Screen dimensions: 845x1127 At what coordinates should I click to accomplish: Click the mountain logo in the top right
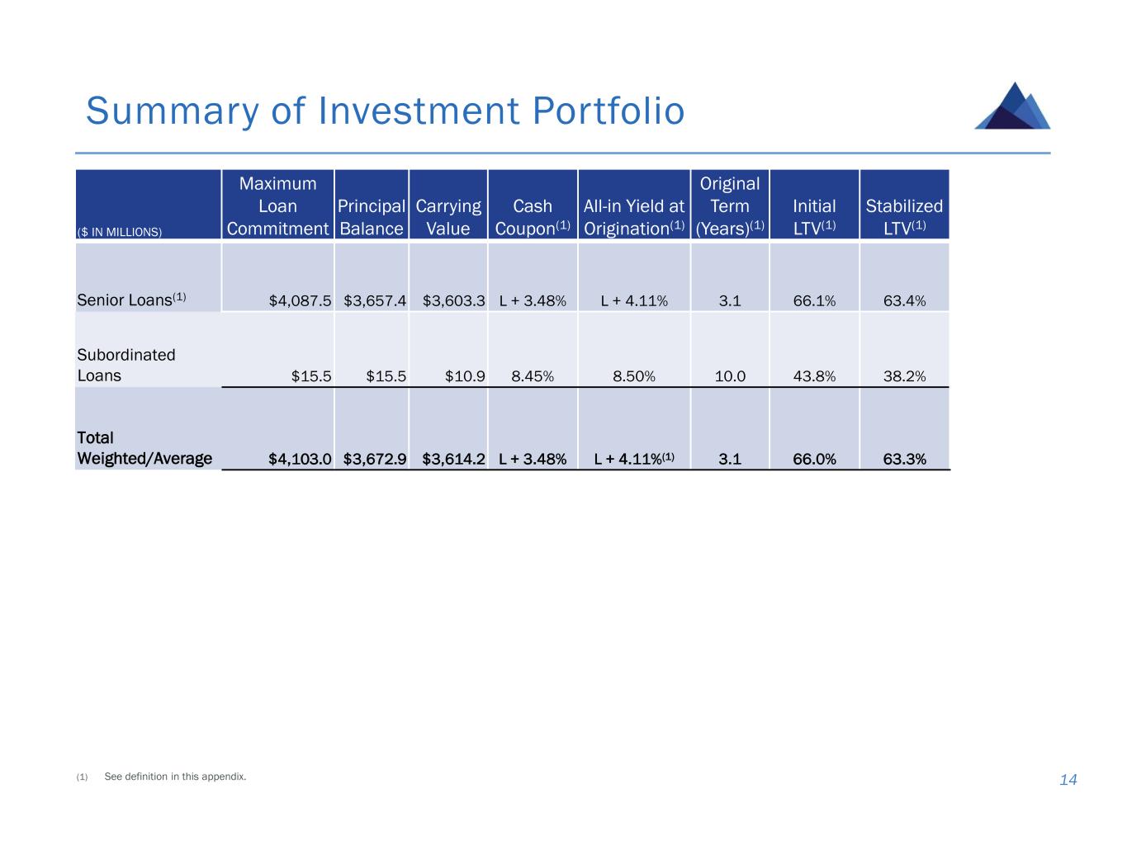tap(1013, 106)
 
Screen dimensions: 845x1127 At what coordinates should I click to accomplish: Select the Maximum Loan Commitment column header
tap(277, 206)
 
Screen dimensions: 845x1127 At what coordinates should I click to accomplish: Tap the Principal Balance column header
tap(372, 217)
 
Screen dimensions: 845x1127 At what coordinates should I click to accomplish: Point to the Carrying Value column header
tap(448, 217)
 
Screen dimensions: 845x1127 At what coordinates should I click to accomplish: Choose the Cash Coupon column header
tap(533, 217)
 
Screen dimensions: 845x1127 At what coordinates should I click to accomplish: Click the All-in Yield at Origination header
tap(634, 217)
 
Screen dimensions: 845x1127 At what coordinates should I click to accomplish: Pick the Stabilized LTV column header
tap(904, 217)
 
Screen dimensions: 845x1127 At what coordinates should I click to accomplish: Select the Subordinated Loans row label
tap(126, 366)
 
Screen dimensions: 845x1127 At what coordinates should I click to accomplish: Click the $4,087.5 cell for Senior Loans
tap(301, 301)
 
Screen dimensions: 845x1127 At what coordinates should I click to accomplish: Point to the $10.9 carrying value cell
tap(465, 376)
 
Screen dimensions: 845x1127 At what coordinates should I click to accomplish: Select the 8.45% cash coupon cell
tap(533, 376)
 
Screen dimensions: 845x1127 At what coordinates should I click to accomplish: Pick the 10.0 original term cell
tap(730, 376)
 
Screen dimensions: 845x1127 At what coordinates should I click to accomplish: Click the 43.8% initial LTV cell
tap(814, 376)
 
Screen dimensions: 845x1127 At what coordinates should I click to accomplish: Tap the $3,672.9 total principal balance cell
tap(375, 460)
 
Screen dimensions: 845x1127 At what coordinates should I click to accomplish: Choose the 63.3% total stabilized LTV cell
tap(904, 460)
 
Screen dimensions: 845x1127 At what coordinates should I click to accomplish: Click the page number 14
tap(1068, 780)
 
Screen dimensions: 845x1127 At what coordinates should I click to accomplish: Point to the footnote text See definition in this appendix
tap(175, 777)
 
